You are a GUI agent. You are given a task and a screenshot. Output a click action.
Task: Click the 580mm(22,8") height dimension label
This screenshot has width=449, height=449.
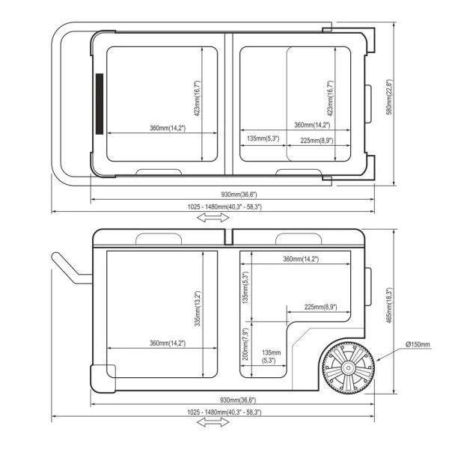pyautogui.click(x=389, y=97)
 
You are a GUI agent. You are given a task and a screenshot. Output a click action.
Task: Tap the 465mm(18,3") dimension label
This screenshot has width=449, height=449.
pyautogui.click(x=389, y=305)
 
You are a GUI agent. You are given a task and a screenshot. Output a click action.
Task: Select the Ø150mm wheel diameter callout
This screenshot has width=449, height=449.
pyautogui.click(x=418, y=344)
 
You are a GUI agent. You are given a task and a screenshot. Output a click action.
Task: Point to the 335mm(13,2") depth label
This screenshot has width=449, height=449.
pyautogui.click(x=198, y=308)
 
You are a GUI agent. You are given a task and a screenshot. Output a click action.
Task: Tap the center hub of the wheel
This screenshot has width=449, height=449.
pyautogui.click(x=348, y=367)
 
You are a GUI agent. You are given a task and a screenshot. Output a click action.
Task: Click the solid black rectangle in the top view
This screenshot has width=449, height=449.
pyautogui.click(x=100, y=104)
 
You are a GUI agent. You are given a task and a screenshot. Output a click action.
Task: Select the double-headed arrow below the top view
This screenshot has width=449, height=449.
pyautogui.click(x=213, y=218)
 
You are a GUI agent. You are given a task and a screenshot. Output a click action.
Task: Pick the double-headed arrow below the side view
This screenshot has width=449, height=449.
pyautogui.click(x=213, y=422)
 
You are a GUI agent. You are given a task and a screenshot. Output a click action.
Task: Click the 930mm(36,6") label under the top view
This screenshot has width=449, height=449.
pyautogui.click(x=239, y=195)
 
